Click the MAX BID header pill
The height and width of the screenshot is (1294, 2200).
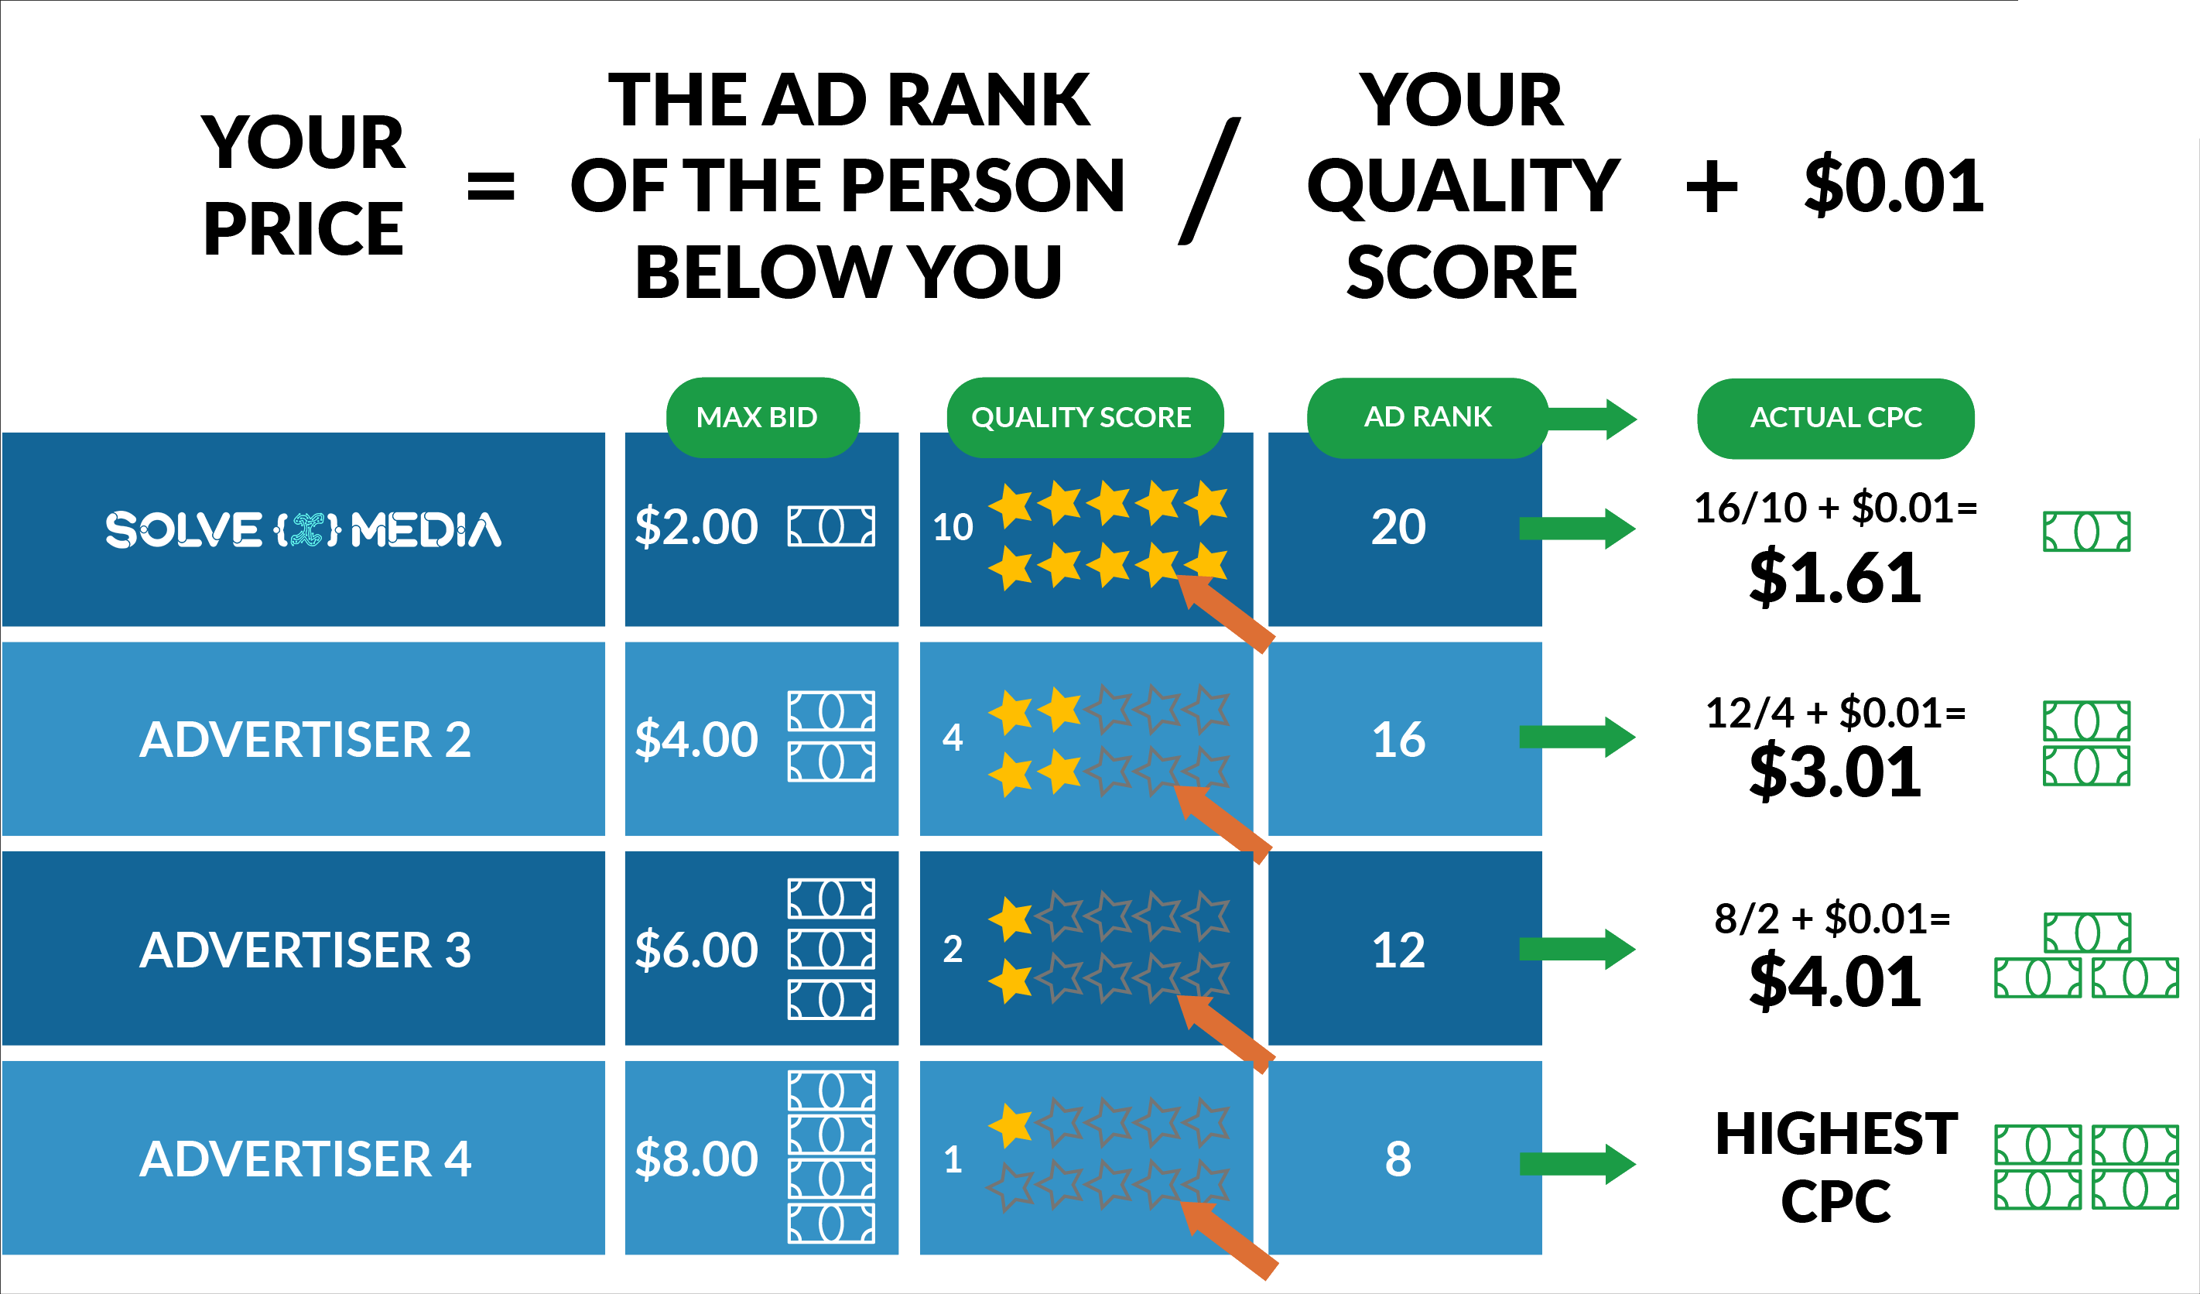click(762, 417)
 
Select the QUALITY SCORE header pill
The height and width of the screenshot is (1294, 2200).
click(1084, 417)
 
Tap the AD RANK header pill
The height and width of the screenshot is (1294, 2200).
click(1428, 417)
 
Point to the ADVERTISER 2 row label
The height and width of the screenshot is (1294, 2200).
click(305, 740)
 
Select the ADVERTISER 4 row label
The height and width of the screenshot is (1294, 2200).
click(305, 1159)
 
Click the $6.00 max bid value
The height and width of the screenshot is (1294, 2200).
click(696, 949)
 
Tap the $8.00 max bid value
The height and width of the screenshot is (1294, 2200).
click(696, 1159)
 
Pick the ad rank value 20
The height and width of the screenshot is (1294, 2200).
click(1398, 526)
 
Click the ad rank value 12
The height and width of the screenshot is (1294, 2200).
click(1398, 950)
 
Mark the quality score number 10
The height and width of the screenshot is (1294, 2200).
click(953, 527)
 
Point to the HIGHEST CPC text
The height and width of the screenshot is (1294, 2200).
click(1836, 1167)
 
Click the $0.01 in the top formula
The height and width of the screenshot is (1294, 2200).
click(1894, 186)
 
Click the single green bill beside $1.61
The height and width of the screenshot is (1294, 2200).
click(2086, 532)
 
